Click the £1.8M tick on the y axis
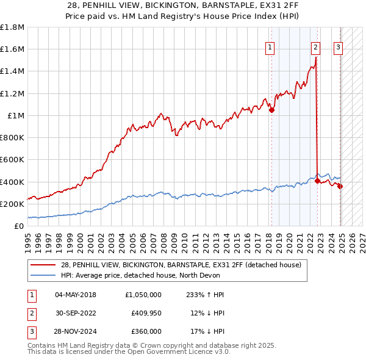pos(12,27)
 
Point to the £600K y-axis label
pos(12,160)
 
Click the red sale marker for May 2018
pos(271,110)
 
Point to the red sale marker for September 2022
pos(318,181)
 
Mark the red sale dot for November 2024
pos(340,186)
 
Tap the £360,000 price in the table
pos(146,331)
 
